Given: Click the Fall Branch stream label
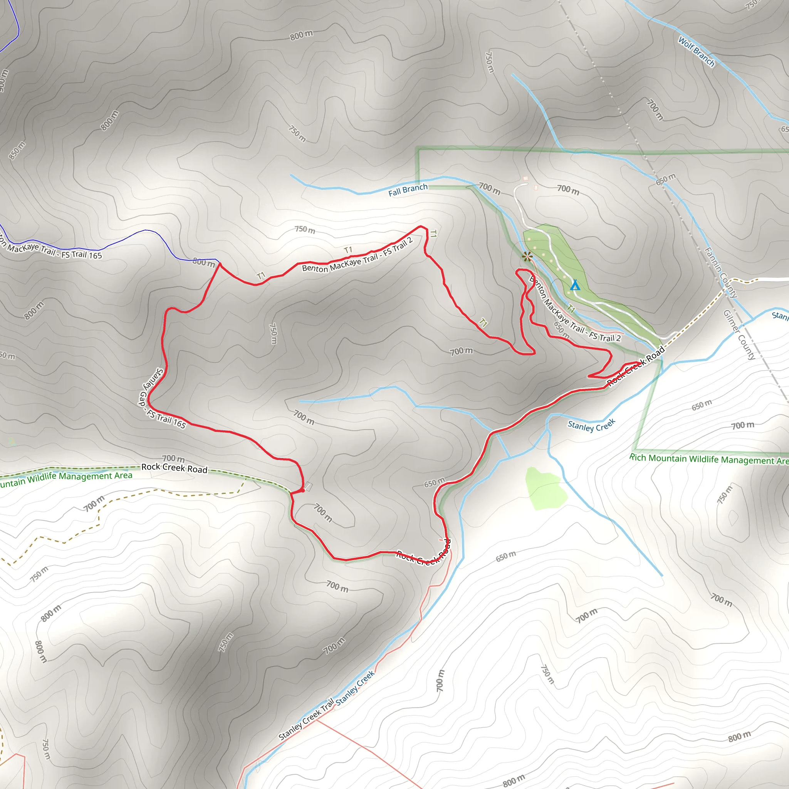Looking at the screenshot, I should pos(408,190).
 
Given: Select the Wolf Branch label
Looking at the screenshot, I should pos(696,52).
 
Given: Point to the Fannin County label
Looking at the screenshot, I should pos(721,272).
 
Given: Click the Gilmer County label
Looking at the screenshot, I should pos(739,334).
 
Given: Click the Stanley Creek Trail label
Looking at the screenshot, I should pos(306,719).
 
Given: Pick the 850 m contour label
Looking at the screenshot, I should pos(17,150).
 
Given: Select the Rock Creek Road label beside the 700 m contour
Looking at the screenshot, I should pos(175,468).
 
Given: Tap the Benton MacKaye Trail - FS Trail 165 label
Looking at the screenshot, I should pos(51,250).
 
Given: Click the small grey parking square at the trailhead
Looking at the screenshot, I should pos(309,486).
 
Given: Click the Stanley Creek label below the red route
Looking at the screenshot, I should pos(591,426).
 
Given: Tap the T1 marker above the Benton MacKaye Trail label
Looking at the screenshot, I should pos(347,250).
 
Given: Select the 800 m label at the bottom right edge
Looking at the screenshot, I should pos(739,736).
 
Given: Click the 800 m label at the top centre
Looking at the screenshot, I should pos(301,35).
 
